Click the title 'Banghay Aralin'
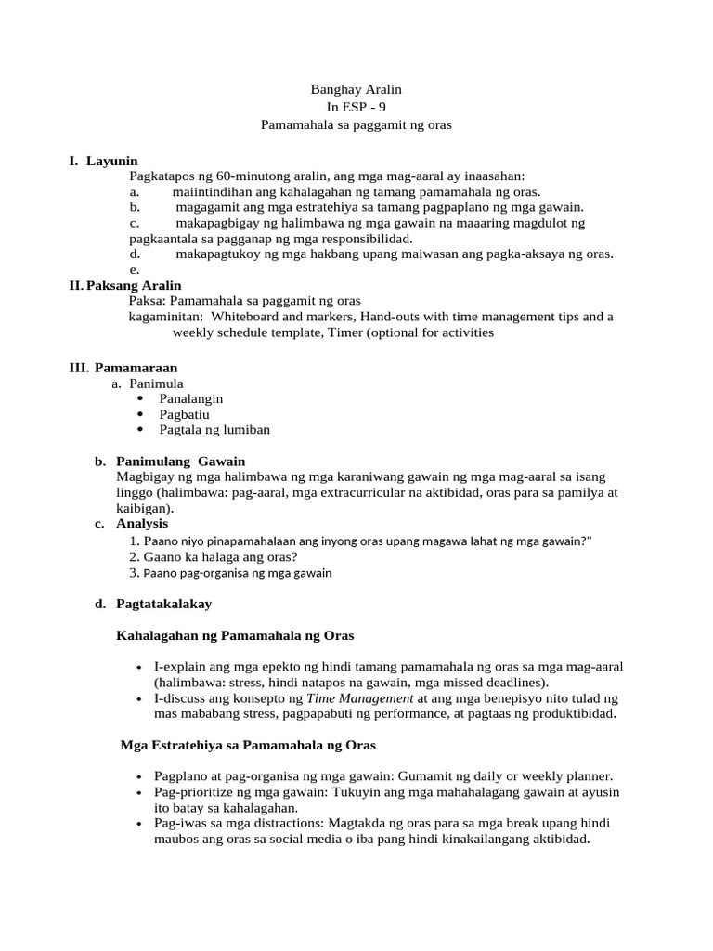click(x=356, y=89)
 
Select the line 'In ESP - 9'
click(x=356, y=107)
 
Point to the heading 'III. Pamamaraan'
click(x=123, y=368)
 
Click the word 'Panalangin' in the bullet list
click(x=191, y=398)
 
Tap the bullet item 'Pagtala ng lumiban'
click(x=214, y=430)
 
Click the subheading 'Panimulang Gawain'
click(x=181, y=462)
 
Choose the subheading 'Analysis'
click(x=142, y=524)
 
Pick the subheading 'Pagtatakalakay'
click(x=163, y=604)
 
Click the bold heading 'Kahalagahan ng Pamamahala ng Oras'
click(x=234, y=636)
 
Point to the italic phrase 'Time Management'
click(x=360, y=697)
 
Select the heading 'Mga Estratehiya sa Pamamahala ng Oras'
click(x=248, y=746)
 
